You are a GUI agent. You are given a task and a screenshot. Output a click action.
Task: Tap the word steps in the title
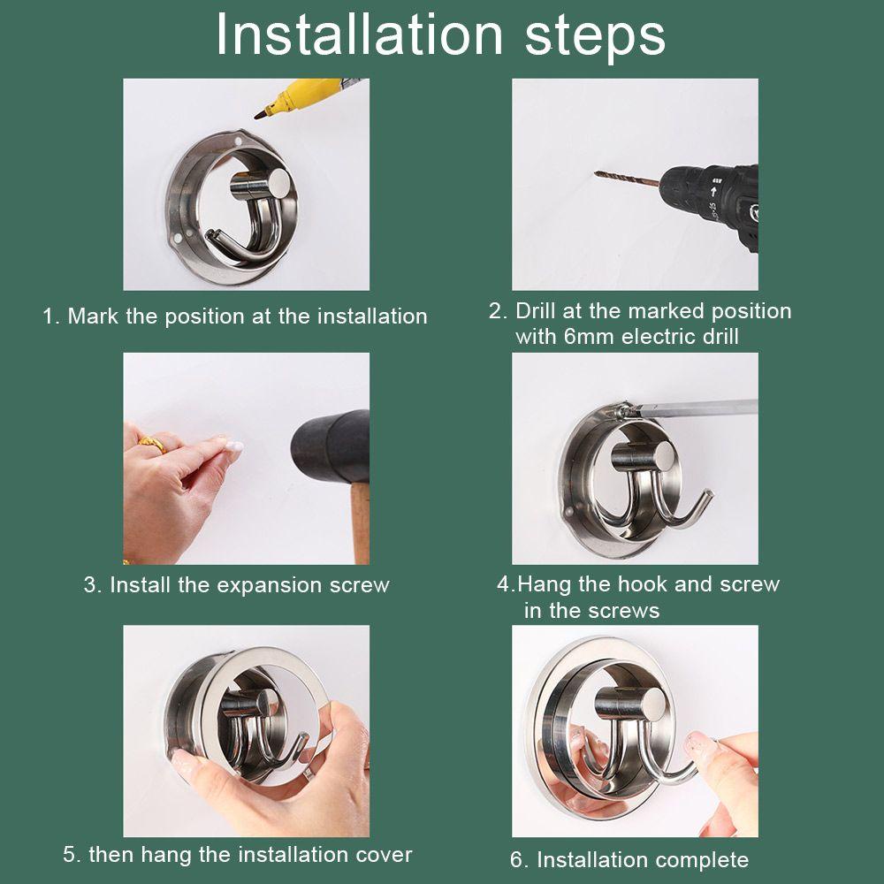595,37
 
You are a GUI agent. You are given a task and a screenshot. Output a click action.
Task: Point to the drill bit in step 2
627,178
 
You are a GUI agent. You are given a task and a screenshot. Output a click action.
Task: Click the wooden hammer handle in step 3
360,523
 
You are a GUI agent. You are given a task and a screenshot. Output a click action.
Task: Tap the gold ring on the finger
152,444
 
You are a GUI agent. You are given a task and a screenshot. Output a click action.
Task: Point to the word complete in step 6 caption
702,860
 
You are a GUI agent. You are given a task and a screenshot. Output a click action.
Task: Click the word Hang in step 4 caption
544,584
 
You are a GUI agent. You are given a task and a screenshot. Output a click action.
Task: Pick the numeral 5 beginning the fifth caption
69,855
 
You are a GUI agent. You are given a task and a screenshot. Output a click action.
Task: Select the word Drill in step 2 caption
539,311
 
